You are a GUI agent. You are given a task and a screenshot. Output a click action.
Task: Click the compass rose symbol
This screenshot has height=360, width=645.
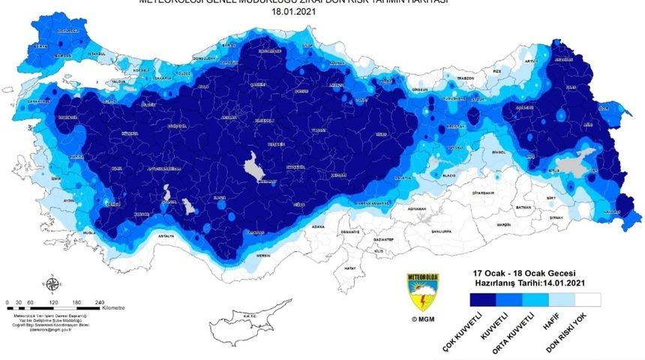(52, 284)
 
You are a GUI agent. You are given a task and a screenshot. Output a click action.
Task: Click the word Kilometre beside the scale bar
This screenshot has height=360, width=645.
(114, 307)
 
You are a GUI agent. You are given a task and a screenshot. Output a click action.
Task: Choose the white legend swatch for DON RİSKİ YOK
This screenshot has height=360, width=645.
(587, 298)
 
